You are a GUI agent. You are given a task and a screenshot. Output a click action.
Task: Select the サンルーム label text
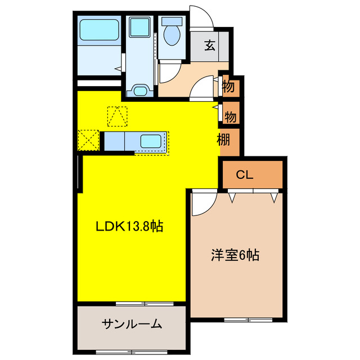(x=132, y=324)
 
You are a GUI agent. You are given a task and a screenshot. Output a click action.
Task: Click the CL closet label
(x=244, y=175)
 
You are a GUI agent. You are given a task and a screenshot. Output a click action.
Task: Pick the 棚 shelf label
(x=224, y=140)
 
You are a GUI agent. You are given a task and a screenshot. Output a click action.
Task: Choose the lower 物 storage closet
(x=230, y=116)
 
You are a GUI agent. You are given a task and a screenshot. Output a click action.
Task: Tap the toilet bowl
(x=171, y=35)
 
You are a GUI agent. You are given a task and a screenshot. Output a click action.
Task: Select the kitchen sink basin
(x=151, y=141)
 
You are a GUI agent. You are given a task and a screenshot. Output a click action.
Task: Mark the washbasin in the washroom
(x=140, y=90)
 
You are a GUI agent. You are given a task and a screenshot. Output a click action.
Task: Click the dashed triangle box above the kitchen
(x=118, y=116)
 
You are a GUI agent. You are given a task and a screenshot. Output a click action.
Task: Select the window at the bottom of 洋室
(x=247, y=320)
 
